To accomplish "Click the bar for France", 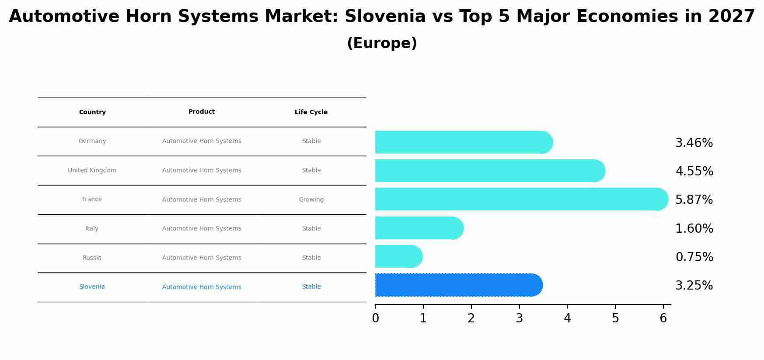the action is pos(522,199).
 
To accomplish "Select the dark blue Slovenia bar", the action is pos(459,285).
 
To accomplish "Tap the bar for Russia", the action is pos(399,256).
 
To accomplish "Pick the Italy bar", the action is pos(419,228).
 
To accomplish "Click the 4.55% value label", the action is pos(694,171).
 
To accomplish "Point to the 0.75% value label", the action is pos(694,257).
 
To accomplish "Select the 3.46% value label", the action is pos(694,143).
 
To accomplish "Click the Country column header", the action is pos(92,112).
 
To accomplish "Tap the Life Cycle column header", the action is pos(311,112).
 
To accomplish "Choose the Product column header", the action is pos(202,112).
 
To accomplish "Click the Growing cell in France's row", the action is pos(311,199).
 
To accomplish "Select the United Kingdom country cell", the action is pos(92,170).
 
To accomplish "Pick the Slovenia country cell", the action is pos(92,287).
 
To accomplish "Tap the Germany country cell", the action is pos(92,141).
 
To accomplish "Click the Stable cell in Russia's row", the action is pos(311,258).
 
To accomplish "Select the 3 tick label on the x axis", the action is pos(519,318).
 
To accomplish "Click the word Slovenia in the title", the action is pos(385,17).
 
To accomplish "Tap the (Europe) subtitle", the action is pos(382,43).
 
